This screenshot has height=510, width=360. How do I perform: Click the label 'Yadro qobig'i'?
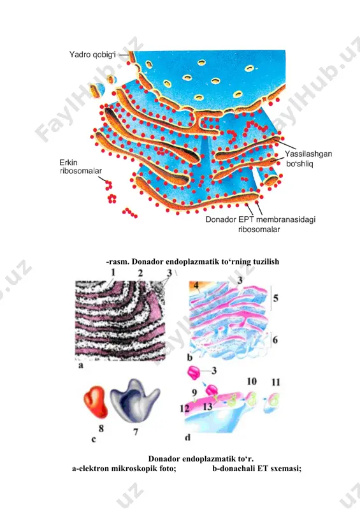tap(92, 55)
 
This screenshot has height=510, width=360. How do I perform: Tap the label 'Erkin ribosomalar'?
tap(80, 166)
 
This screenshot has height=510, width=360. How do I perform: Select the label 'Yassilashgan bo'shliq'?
tap(308, 158)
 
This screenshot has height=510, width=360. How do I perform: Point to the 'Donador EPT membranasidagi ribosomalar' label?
tap(260, 224)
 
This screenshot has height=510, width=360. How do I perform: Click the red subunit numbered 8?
tap(96, 402)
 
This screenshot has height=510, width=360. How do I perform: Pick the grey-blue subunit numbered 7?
tap(134, 400)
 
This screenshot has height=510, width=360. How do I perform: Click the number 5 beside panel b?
tap(276, 298)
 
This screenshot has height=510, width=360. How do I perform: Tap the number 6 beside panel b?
tap(275, 340)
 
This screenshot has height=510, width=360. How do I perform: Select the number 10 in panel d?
tap(252, 381)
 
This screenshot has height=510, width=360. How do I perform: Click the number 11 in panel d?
tap(276, 382)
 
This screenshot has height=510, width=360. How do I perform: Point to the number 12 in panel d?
tap(184, 408)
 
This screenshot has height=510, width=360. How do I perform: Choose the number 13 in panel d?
tap(208, 406)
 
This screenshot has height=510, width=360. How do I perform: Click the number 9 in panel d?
tap(194, 393)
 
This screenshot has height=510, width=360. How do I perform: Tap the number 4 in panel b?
tap(196, 286)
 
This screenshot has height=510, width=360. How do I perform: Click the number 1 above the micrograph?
tap(113, 272)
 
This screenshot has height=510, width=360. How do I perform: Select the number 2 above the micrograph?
tap(140, 273)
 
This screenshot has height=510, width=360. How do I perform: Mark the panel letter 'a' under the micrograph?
tap(81, 365)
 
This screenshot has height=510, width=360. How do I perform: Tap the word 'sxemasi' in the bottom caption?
tap(287, 469)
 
